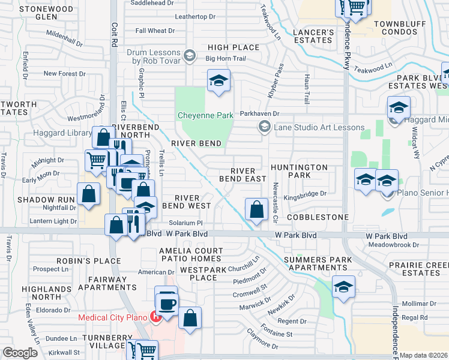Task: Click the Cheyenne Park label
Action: pos(205,115)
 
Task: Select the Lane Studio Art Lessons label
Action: pos(319,127)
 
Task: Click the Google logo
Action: pos(19,353)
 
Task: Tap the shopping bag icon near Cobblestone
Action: pos(256,209)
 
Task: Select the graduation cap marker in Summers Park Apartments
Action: pos(343,287)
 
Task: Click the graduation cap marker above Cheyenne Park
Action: pos(219,80)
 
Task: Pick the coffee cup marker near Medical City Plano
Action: pos(167,301)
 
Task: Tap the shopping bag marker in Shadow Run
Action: pos(89,194)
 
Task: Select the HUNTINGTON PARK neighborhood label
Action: pos(299,171)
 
